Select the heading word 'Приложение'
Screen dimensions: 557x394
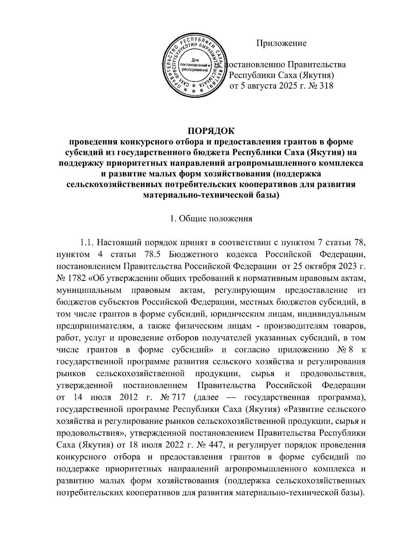pyautogui.click(x=281, y=43)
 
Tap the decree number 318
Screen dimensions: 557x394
pyautogui.click(x=325, y=86)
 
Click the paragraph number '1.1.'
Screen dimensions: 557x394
pyautogui.click(x=87, y=243)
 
